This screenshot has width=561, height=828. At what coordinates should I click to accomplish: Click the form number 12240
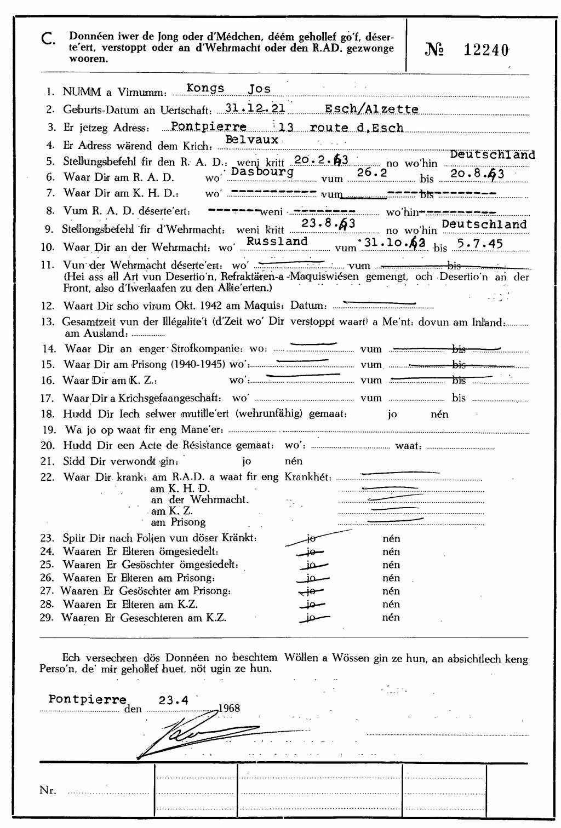(x=486, y=50)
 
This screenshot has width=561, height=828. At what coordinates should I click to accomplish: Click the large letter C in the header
(x=48, y=38)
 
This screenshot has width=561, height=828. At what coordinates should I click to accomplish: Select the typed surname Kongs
(x=205, y=88)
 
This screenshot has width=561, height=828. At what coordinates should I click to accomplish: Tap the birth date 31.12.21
(x=255, y=108)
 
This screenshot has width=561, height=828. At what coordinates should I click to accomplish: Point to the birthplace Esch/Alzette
(x=371, y=109)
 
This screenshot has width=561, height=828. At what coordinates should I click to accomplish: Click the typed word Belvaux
(x=252, y=140)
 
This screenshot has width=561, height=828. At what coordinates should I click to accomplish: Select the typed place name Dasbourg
(x=262, y=171)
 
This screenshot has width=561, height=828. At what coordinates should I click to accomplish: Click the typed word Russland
(x=277, y=241)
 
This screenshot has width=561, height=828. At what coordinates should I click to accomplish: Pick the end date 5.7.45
(x=480, y=244)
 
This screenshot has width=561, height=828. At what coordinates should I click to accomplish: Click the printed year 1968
(x=229, y=708)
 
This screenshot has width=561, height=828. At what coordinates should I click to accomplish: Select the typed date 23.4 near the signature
(x=174, y=700)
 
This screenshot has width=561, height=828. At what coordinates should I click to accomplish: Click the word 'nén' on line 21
(x=294, y=461)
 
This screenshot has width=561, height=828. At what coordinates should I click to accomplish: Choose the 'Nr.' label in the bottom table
(x=48, y=790)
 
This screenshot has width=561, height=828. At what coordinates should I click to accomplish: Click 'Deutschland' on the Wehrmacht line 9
(x=484, y=224)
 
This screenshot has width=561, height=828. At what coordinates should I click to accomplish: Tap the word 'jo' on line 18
(x=392, y=414)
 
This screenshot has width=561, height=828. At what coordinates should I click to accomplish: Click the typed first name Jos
(x=259, y=89)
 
